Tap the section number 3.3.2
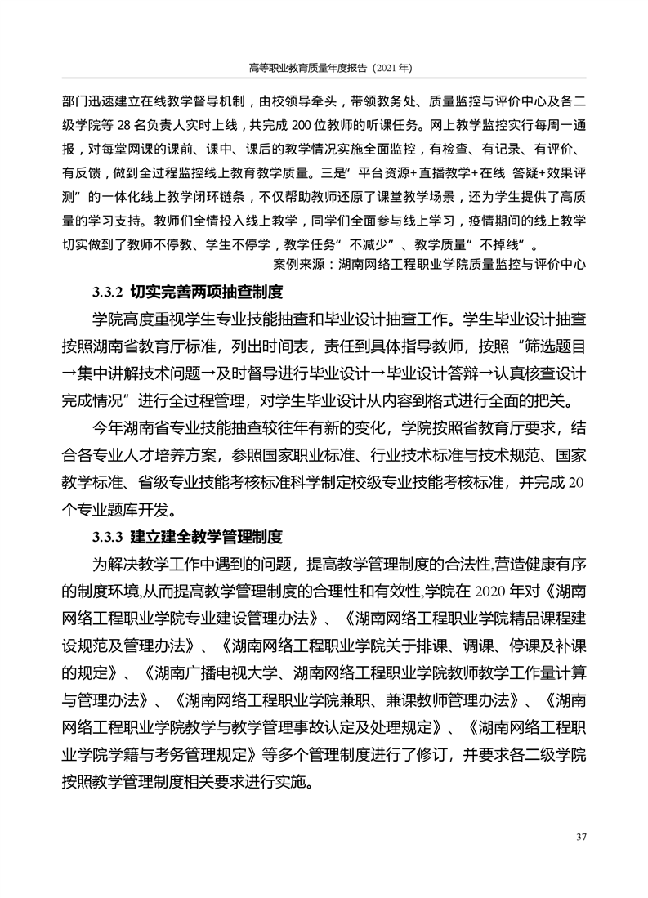click(x=106, y=291)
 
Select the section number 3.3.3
click(x=106, y=537)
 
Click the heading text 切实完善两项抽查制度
click(x=207, y=291)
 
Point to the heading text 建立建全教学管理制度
click(x=207, y=537)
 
